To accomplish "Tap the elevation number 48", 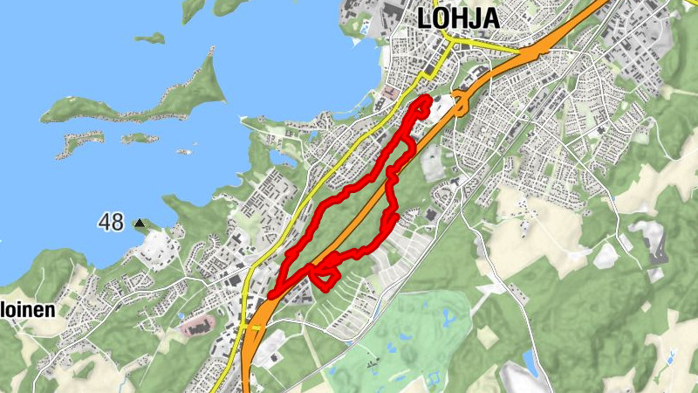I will coord(111,223).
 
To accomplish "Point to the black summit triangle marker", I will coord(140,224).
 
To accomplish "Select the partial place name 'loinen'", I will coord(28,310).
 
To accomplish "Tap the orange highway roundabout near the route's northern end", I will coord(460,104).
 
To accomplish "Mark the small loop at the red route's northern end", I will coord(423,107).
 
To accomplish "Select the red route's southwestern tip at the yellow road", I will coord(273,295).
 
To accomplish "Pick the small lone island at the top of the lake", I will coord(149,38).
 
